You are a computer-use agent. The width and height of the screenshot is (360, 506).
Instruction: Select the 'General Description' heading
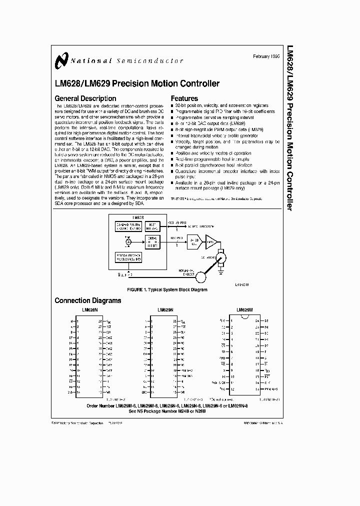(85, 98)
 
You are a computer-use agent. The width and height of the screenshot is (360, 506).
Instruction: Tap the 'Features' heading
(184, 98)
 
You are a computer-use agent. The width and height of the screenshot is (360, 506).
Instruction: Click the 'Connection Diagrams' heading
(87, 300)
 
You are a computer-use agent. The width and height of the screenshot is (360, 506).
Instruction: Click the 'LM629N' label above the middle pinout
(165, 310)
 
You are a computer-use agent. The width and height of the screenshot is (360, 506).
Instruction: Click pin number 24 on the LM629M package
(257, 320)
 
